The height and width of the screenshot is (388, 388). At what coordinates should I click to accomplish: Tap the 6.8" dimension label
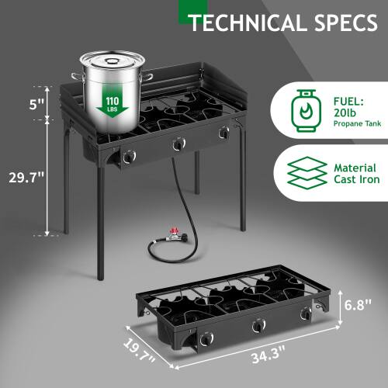click(x=360, y=304)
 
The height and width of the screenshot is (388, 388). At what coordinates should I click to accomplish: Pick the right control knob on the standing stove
click(x=224, y=133)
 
